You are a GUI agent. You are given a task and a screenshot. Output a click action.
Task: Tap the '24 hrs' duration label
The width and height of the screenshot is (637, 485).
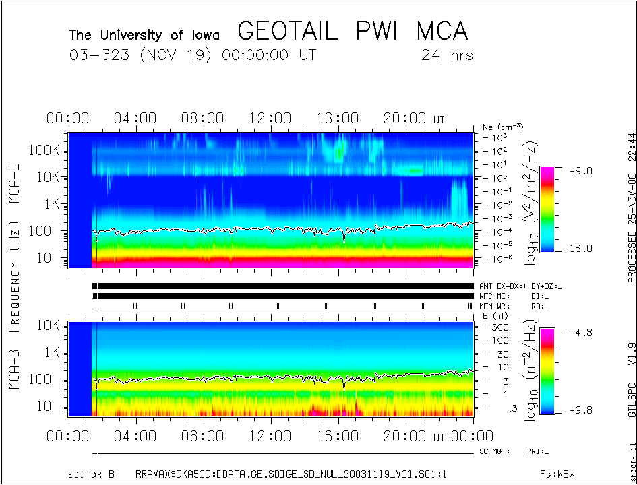(x=446, y=55)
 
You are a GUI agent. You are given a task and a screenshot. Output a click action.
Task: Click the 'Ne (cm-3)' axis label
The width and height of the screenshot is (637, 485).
(x=503, y=127)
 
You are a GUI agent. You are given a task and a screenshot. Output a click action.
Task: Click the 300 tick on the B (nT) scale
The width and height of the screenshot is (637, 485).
(x=499, y=326)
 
